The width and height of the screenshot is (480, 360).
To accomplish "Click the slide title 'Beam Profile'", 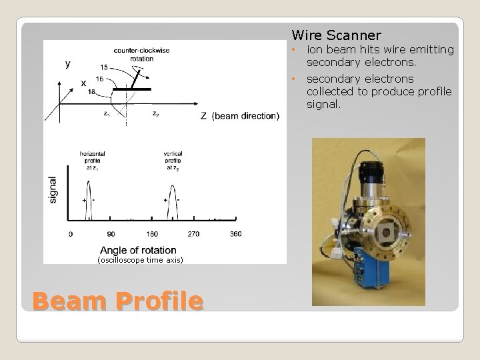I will pos(117,301).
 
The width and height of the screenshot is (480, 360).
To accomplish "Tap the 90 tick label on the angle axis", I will pos(111,234).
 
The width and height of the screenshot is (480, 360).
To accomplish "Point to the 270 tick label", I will pos(193,234).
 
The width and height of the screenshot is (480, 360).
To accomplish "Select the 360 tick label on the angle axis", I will pos(235,234).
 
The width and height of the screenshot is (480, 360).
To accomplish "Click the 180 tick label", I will pos(152,234).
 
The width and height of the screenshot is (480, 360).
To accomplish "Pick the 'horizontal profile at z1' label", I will pos(92,159).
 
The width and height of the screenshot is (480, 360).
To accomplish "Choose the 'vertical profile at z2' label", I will pos(173,159).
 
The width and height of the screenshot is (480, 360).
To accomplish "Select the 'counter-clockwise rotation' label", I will pos(134,54).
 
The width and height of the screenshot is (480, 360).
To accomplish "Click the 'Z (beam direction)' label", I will pos(239,116).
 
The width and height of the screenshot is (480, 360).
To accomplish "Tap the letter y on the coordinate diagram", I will pos(67,64).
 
